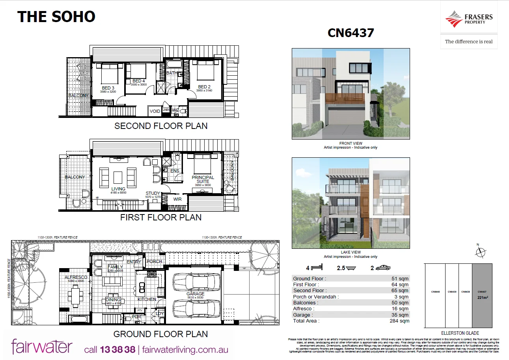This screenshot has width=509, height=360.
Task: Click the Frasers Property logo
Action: coord(468,19)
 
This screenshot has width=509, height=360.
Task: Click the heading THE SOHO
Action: coord(56,17)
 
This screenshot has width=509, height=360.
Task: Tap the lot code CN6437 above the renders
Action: coord(351,33)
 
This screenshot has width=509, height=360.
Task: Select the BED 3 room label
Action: coord(108,88)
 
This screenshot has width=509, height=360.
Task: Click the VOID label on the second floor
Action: coord(155,111)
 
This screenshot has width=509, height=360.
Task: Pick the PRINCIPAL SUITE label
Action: coord(203,180)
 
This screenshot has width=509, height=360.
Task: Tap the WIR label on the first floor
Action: coord(177,199)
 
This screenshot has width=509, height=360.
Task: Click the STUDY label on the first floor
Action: coord(153,193)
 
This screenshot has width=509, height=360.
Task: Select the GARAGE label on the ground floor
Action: coord(196,294)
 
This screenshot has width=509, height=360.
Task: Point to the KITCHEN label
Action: coord(147,299)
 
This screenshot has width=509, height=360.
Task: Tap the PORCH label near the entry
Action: coord(154,261)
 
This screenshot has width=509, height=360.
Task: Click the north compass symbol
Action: coord(480,252)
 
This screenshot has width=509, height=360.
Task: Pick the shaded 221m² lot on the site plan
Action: coord(482,295)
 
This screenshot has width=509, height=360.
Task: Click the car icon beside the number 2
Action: coord(383,268)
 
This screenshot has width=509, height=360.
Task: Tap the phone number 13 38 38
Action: coord(117,349)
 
